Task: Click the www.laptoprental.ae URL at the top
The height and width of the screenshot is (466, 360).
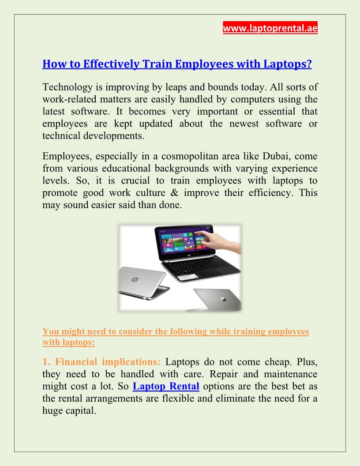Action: coord(270,28)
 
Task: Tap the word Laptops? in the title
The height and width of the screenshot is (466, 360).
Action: coord(288,64)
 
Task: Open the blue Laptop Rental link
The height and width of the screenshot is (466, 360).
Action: coord(166,387)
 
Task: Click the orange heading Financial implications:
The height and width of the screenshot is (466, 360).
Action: coord(108,362)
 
